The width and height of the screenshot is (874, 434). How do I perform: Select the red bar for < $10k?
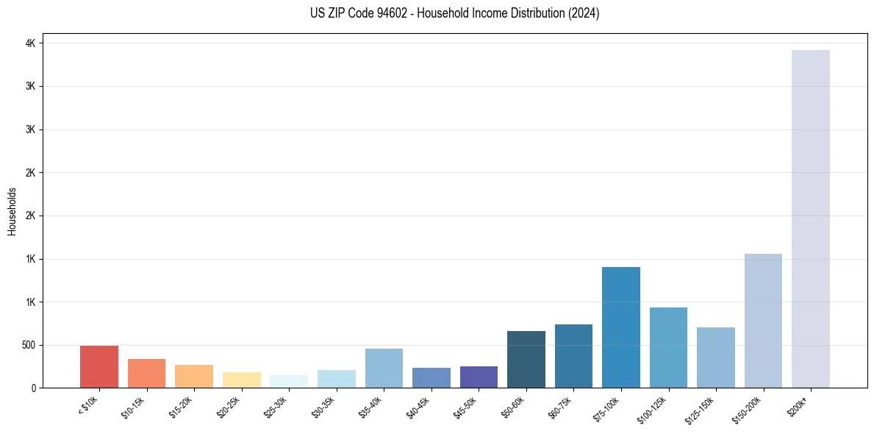pos(99,366)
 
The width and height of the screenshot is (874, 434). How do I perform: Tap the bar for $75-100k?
pos(621,327)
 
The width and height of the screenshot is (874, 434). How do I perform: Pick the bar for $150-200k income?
pos(763,321)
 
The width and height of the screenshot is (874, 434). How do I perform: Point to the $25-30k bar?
pos(289,381)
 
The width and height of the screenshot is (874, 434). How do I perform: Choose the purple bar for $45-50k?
pos(479,377)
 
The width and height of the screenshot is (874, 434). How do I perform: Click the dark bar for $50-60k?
pos(526,359)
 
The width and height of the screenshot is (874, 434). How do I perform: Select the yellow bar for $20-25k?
pos(242,380)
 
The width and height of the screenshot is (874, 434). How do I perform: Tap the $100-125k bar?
pos(668,347)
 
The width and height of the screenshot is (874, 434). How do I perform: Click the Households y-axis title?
pos(12,211)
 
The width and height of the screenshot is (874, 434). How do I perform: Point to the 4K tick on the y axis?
pos(31,43)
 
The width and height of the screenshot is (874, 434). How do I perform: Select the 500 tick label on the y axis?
pos(28,345)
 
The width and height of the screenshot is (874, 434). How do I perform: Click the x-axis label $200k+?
pos(798,404)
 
